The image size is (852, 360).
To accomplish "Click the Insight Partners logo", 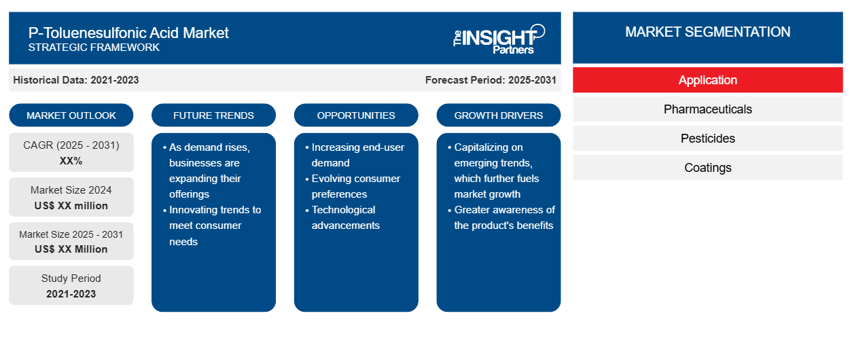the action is (x=499, y=39).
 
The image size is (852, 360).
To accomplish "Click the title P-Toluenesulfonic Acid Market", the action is (x=128, y=33).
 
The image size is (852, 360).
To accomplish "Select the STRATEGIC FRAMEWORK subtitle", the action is (x=94, y=48).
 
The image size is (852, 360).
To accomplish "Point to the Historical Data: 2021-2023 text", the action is (x=76, y=80).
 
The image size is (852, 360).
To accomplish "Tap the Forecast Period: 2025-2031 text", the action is (x=491, y=80).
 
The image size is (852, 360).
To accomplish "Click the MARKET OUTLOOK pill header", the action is (x=71, y=115).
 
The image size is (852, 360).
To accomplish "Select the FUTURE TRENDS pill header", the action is (x=213, y=115).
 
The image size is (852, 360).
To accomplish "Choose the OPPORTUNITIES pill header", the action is (x=356, y=115).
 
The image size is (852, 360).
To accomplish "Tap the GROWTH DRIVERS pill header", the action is (x=498, y=115).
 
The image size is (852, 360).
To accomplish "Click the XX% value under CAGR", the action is (x=71, y=161).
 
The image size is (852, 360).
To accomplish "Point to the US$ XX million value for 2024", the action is (x=71, y=206).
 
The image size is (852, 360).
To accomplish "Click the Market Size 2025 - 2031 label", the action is (x=71, y=234).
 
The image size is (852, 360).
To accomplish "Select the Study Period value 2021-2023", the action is (x=71, y=294).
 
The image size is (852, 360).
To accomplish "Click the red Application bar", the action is (x=707, y=80).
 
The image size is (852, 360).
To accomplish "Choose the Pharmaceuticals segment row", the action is (x=707, y=109).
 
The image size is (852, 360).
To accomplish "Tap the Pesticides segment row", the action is (x=707, y=139).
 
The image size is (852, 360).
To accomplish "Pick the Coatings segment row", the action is (x=707, y=167).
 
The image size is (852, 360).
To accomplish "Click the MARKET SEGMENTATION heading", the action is (x=707, y=32).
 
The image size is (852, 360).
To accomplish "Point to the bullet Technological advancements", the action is (x=342, y=217).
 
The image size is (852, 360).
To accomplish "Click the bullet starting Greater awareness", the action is (x=501, y=217).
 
